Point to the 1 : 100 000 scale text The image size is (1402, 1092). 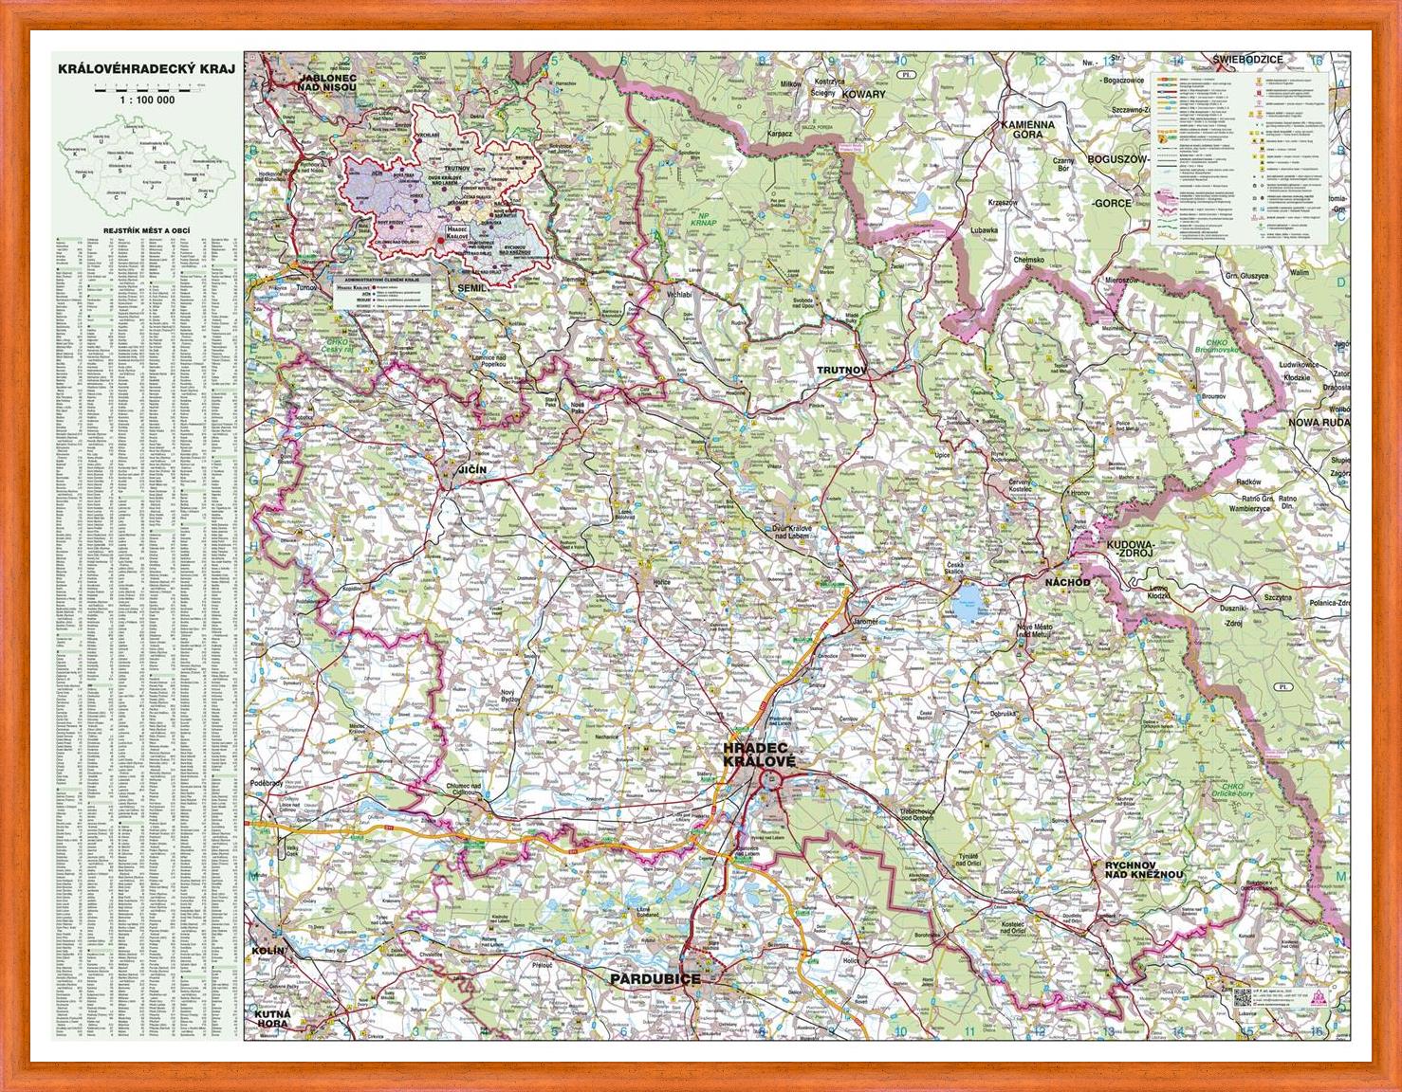point(146,100)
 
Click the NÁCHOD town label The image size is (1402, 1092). point(1067,581)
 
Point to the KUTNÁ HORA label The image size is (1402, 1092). point(269,1021)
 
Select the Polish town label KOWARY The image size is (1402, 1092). point(863,95)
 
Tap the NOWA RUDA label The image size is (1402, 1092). point(1318,422)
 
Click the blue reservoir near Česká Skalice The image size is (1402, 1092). point(969,599)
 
